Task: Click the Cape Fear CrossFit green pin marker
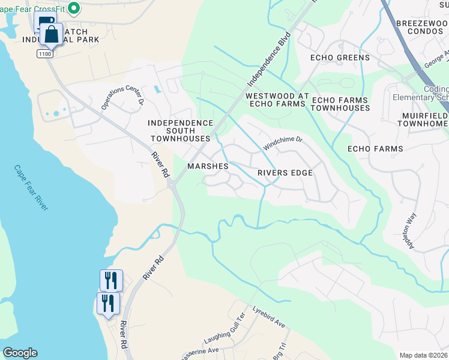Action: pyautogui.click(x=74, y=8)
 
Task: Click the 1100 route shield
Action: pyautogui.click(x=44, y=54)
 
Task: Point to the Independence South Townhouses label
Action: pyautogui.click(x=181, y=130)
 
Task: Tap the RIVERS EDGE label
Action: pyautogui.click(x=285, y=173)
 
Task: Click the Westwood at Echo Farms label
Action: pyautogui.click(x=277, y=100)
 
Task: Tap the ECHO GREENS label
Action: pyautogui.click(x=340, y=58)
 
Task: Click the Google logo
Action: pyautogui.click(x=20, y=353)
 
